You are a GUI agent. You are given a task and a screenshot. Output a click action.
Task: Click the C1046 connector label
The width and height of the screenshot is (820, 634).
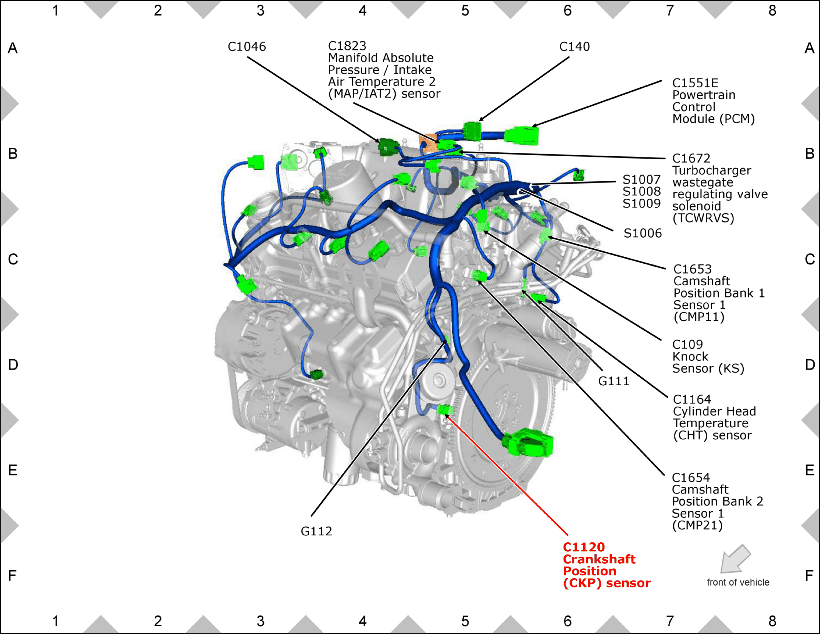click(247, 47)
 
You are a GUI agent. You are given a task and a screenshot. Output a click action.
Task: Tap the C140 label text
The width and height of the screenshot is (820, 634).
click(574, 47)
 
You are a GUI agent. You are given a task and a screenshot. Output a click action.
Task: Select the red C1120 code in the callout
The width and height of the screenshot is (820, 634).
click(584, 547)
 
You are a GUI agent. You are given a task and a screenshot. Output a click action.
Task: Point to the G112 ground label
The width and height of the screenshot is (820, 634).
click(316, 531)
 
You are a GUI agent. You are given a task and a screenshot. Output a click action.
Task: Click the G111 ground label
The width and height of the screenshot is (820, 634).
click(614, 381)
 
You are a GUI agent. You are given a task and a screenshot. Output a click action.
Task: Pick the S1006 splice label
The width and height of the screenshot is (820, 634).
click(643, 233)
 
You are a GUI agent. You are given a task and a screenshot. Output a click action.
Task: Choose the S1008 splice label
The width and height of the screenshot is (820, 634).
click(641, 191)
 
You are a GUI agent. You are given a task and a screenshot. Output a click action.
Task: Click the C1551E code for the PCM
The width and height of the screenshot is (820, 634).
click(695, 83)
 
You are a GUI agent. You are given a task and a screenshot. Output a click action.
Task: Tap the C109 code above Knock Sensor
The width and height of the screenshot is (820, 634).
click(688, 345)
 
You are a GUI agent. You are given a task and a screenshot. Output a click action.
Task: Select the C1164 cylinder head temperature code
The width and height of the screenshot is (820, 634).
click(692, 400)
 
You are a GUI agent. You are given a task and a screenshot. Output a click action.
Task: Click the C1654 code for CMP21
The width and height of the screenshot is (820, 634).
click(691, 478)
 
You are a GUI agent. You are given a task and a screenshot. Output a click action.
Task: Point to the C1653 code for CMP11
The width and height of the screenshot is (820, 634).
click(692, 269)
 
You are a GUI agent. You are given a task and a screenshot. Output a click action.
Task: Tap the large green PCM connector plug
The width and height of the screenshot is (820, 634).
click(522, 135)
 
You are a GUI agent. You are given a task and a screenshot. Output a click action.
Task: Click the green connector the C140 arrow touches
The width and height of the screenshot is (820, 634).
click(472, 131)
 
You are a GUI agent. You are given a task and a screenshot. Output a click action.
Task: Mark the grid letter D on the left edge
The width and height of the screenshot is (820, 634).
click(13, 365)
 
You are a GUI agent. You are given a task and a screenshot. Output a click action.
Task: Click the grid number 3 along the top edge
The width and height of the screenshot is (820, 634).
click(261, 11)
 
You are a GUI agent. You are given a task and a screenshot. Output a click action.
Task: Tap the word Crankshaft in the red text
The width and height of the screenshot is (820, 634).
click(599, 559)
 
